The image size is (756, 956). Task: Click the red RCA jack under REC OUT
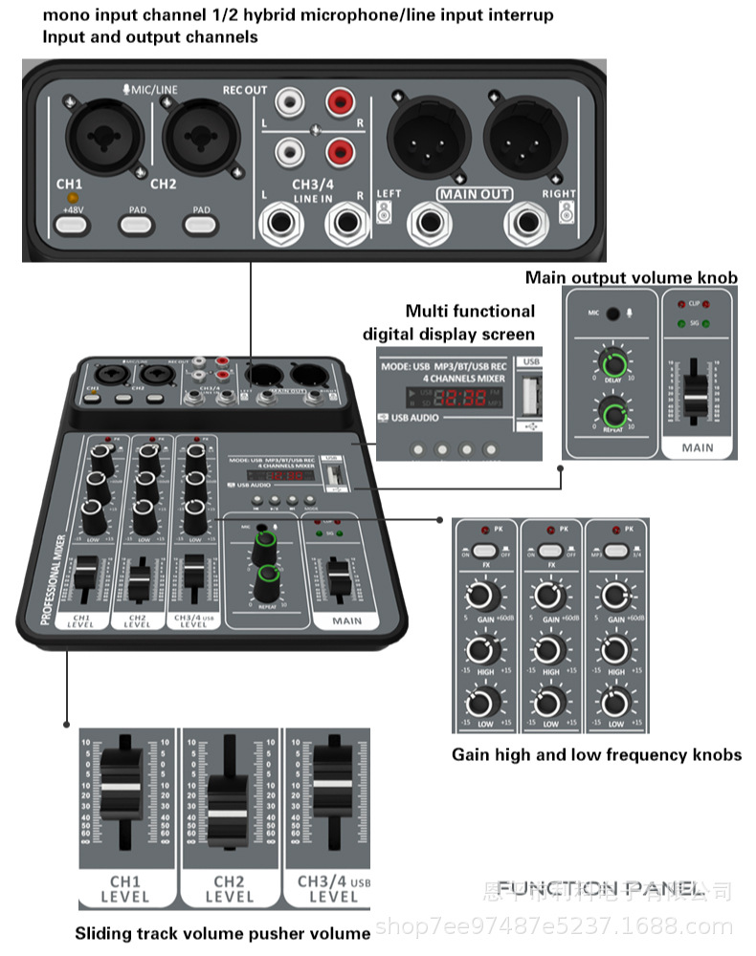point(339,101)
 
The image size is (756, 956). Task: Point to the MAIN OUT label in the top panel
point(475,195)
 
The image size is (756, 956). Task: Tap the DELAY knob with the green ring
point(612,364)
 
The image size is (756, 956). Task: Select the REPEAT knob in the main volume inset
point(612,414)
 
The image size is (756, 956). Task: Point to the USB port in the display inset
point(527,394)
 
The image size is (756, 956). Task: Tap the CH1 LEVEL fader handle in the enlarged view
point(122,787)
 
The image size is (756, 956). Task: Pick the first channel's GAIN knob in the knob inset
point(484,597)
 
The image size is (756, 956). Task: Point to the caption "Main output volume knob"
point(632,278)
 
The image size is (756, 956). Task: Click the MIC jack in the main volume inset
point(611,313)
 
